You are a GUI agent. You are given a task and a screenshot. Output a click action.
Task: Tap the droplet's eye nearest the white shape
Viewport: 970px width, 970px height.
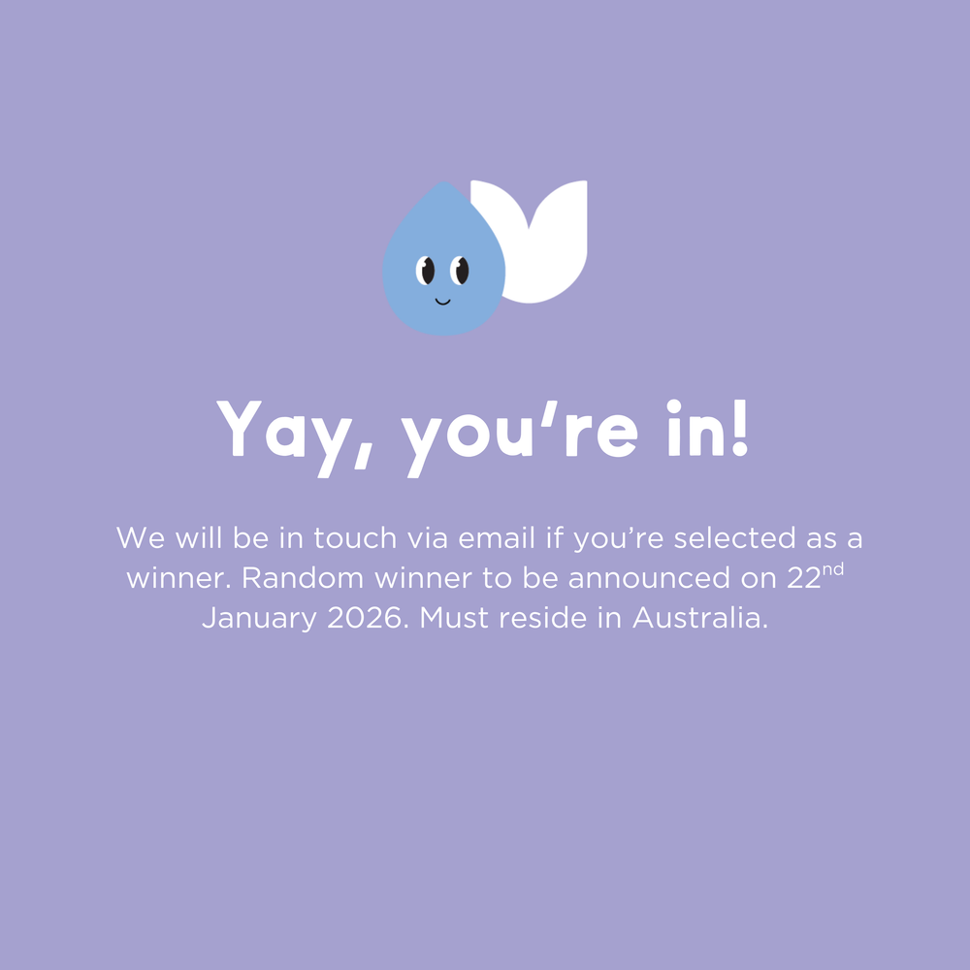[461, 270]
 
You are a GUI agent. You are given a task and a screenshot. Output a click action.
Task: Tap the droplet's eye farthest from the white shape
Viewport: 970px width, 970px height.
[427, 270]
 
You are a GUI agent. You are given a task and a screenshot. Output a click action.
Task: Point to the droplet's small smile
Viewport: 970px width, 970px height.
[442, 301]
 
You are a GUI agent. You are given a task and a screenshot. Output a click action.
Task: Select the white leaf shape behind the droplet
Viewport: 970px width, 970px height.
[548, 242]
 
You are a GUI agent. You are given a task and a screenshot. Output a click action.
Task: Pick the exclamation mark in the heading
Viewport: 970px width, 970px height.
[738, 427]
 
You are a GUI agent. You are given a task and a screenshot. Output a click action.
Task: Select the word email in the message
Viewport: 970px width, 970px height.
[499, 537]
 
